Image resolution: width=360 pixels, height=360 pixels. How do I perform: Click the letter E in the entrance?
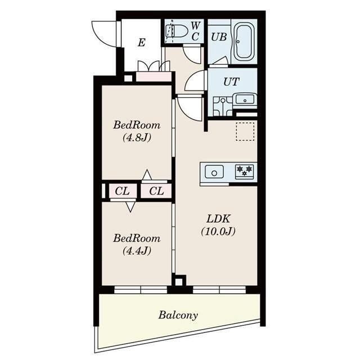141,42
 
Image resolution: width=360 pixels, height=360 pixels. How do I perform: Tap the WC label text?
195,31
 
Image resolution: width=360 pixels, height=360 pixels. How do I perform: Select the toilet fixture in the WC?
175,31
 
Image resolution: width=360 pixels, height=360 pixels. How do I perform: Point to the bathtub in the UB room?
244,42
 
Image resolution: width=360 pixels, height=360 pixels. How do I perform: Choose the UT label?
231,81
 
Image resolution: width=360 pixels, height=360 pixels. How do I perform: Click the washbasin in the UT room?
245,100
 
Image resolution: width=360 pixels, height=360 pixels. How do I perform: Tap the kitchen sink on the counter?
214,172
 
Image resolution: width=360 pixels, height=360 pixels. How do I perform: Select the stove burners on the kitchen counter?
245,171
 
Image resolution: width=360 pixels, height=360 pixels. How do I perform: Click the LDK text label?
217,218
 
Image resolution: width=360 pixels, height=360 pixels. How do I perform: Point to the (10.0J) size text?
217,231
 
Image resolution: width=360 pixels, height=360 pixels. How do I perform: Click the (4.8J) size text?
136,137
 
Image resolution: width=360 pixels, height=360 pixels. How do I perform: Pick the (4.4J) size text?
136,251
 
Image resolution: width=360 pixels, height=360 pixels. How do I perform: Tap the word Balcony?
178,315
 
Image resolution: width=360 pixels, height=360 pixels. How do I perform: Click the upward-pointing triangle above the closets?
146,175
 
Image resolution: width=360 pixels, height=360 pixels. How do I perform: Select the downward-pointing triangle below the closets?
130,206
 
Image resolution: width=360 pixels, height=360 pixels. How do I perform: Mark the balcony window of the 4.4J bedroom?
141,290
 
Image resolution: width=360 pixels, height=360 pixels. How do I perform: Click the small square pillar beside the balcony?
179,281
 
